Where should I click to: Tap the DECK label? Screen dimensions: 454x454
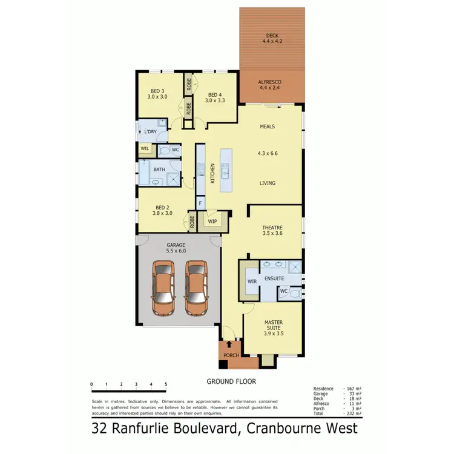point(271,35)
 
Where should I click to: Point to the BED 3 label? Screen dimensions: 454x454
point(157,91)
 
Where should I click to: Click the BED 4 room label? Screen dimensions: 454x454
point(214,94)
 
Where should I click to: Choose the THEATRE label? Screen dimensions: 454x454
point(272,228)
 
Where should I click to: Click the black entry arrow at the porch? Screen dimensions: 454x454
point(228,344)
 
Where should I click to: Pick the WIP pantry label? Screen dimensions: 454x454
point(212,222)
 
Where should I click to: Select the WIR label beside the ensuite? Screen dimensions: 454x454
point(252,281)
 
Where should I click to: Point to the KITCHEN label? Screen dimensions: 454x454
point(212,174)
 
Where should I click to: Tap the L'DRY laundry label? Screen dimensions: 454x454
point(151,131)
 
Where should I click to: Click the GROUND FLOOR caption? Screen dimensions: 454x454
point(231,381)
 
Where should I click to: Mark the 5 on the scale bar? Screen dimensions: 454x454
point(166,384)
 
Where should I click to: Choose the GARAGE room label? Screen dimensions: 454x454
point(176,245)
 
